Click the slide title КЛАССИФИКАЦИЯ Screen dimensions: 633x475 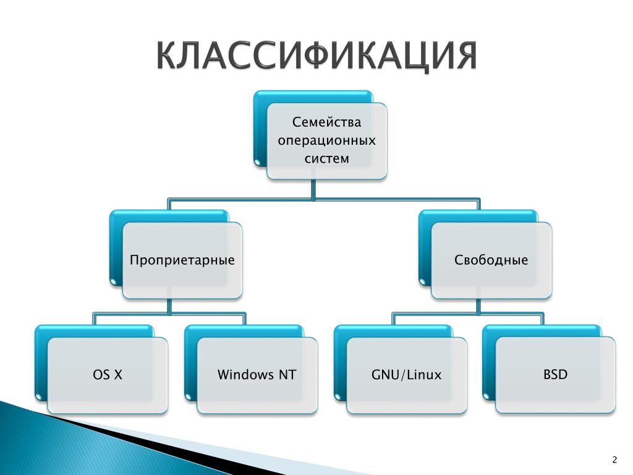317,55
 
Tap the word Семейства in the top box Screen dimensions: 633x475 326,122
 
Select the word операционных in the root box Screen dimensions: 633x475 326,140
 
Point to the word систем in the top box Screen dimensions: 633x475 326,159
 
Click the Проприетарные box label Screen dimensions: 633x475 182,260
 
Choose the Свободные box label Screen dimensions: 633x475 491,260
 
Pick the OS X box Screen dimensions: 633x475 108,375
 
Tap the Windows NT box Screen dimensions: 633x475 257,375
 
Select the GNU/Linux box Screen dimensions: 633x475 407,375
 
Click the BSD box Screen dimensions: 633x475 556,375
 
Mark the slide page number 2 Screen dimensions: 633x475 614,460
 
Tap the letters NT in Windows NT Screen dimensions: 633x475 287,375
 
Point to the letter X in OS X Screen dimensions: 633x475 118,375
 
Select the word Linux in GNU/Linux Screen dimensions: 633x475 424,375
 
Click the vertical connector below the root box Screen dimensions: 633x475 313,189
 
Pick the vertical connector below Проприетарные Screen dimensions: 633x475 169,306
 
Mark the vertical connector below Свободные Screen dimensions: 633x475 478,306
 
